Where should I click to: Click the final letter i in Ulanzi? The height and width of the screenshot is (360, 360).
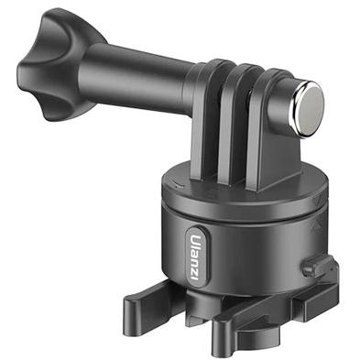pos(193,278)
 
